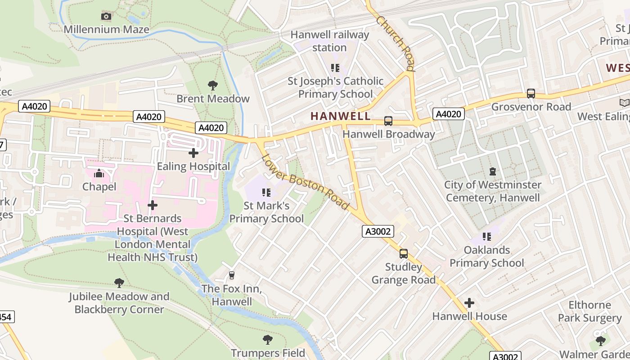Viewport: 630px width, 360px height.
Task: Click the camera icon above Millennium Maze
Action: (x=106, y=17)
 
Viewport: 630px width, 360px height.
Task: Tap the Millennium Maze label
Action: (x=106, y=30)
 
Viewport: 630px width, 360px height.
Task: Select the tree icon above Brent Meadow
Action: (x=213, y=85)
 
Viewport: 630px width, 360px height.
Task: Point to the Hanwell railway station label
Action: (x=330, y=41)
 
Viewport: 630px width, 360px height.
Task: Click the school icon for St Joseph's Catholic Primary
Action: (x=335, y=68)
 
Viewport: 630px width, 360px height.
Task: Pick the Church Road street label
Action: (x=395, y=43)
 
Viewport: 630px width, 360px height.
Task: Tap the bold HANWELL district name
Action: (x=341, y=116)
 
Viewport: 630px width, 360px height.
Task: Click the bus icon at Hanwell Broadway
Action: (x=388, y=121)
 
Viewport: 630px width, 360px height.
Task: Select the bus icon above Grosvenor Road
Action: (x=531, y=94)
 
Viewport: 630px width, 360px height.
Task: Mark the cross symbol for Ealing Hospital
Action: (x=193, y=153)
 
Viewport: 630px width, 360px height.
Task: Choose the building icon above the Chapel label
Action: (x=99, y=173)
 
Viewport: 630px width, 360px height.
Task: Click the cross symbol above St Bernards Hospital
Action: (x=153, y=205)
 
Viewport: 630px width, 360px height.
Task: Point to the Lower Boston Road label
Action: (x=305, y=182)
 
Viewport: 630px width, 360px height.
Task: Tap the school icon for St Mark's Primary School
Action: (x=266, y=193)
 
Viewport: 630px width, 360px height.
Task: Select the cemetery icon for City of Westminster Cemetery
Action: (x=493, y=171)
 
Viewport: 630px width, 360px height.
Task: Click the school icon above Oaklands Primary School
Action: (x=486, y=236)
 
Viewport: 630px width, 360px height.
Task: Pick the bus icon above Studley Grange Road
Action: (x=404, y=254)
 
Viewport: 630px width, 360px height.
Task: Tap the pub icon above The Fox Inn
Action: (x=232, y=275)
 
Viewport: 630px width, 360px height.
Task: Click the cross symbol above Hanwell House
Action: (x=469, y=303)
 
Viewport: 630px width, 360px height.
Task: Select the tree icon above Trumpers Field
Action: (x=268, y=339)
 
